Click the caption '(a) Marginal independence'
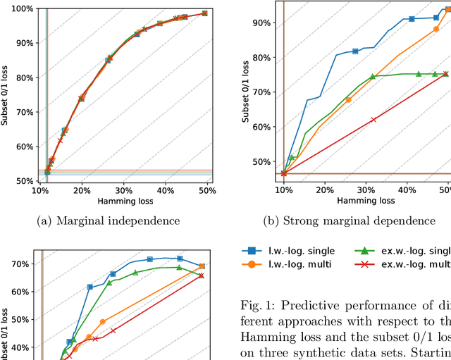pos(109,221)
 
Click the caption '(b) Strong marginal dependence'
pos(359,221)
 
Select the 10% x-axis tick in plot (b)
pos(283,190)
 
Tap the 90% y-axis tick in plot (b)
pos(261,23)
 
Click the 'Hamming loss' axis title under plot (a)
pos(109,202)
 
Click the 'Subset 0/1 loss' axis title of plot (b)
pos(246,92)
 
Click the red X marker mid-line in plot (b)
pos(373,119)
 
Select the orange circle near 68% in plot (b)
pos(348,100)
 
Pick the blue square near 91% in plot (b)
pos(412,19)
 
